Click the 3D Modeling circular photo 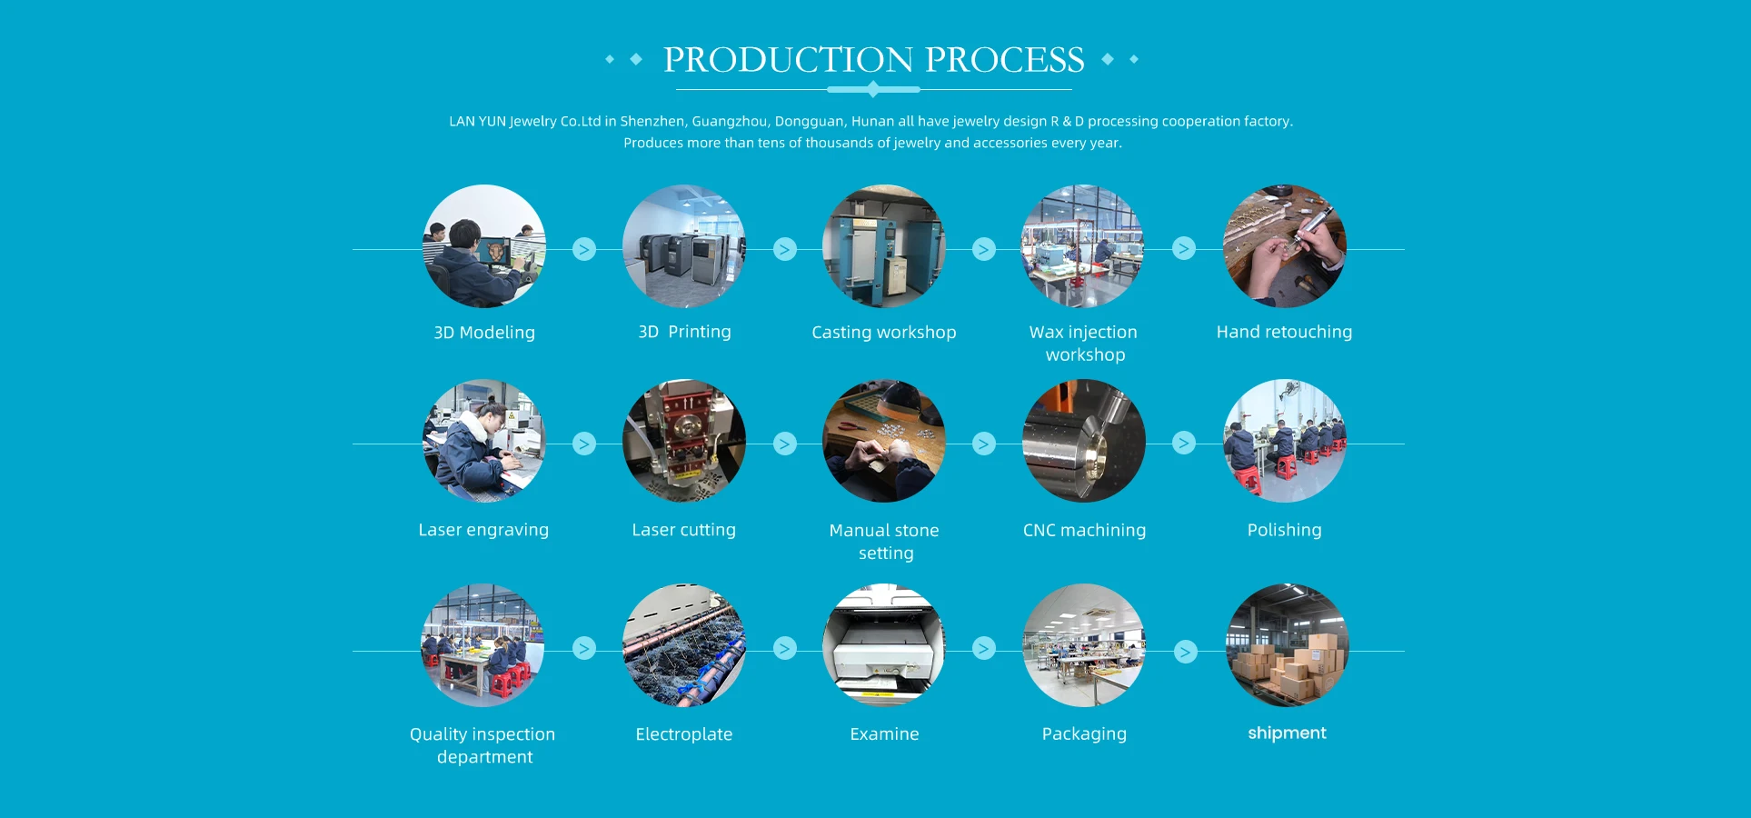(x=484, y=246)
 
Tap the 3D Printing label (x=684, y=332)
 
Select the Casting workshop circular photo (x=884, y=246)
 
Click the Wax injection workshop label (x=1083, y=344)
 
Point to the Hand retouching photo (x=1284, y=246)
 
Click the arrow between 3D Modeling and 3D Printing (x=584, y=249)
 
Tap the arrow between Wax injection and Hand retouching (x=1184, y=248)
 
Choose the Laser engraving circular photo (x=484, y=441)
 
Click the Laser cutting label (x=684, y=530)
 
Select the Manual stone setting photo (x=884, y=441)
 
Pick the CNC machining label (x=1084, y=530)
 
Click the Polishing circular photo (x=1284, y=441)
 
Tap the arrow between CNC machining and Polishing (x=1184, y=443)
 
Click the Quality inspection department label (x=483, y=745)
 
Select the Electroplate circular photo (x=684, y=645)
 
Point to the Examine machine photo (x=884, y=645)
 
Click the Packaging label (x=1084, y=733)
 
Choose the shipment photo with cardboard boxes (x=1287, y=645)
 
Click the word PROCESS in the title (x=1004, y=60)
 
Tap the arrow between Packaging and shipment (x=1185, y=652)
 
